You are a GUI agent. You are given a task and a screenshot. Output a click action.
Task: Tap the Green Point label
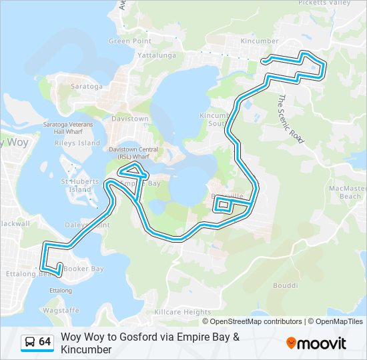[130, 41]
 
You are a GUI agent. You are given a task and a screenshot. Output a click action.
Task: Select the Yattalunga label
[156, 56]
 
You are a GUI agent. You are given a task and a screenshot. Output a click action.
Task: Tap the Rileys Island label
[78, 143]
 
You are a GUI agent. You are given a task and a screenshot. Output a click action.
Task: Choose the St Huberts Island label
[75, 185]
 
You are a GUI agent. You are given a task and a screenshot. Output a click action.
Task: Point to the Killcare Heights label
[182, 312]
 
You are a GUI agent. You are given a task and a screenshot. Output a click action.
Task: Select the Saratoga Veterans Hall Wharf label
[67, 128]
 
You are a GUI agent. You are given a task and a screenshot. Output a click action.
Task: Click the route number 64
[45, 342]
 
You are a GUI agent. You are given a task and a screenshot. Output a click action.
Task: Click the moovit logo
[316, 343]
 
